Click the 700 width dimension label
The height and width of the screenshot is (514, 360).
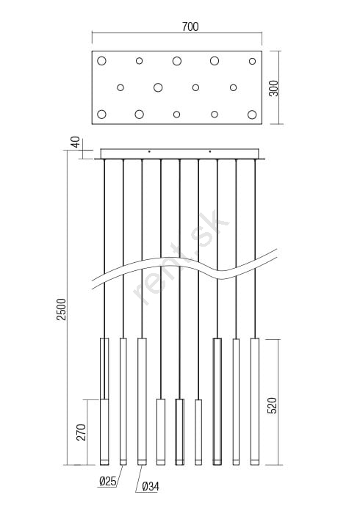(190, 26)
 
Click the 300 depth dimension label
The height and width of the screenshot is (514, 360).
(273, 88)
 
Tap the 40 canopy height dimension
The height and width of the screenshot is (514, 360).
(76, 142)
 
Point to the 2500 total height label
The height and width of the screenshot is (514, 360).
(62, 309)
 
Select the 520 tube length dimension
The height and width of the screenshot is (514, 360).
(272, 405)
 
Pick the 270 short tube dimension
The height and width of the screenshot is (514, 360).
(81, 432)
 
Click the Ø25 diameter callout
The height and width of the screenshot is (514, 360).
(107, 481)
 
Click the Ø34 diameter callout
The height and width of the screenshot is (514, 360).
(151, 487)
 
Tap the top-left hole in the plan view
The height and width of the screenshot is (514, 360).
(101, 61)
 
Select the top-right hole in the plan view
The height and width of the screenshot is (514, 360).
(252, 61)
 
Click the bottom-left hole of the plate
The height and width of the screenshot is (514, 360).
(101, 114)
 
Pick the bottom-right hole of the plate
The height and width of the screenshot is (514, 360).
(252, 115)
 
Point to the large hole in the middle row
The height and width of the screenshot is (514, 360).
(158, 87)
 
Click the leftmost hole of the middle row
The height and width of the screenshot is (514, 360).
(120, 87)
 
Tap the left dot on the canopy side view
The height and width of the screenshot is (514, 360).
(149, 151)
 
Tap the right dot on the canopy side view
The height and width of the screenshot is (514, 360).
(210, 151)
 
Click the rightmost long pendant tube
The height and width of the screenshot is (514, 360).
(255, 402)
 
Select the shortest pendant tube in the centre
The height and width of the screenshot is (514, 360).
(198, 432)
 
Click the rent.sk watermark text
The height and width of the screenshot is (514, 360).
(181, 258)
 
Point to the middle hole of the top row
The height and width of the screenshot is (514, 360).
(177, 61)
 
